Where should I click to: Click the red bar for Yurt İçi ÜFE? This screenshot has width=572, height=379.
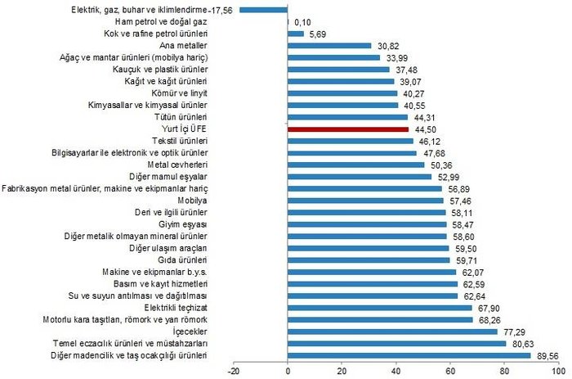[348, 129]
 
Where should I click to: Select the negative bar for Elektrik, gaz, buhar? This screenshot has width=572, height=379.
[264, 10]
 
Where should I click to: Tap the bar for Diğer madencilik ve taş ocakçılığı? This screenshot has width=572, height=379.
[409, 355]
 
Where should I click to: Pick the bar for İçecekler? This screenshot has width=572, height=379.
[392, 332]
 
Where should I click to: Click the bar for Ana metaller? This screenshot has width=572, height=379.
[329, 46]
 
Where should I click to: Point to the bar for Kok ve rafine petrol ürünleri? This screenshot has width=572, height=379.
[296, 34]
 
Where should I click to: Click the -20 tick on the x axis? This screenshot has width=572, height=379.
[235, 370]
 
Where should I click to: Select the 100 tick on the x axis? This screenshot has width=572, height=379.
[558, 370]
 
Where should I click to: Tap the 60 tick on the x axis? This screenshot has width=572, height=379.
[450, 370]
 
